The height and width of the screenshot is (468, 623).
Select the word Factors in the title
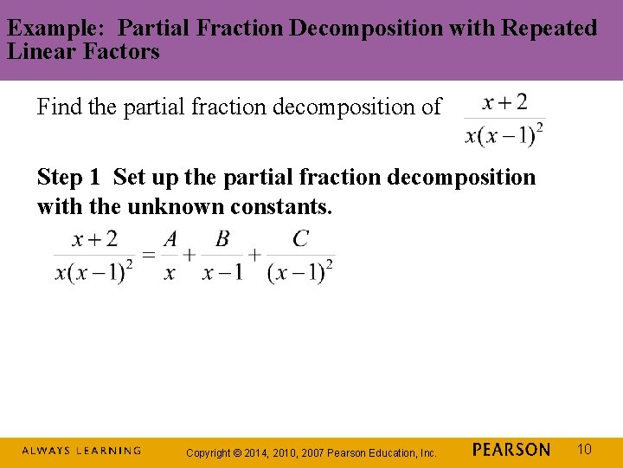click(123, 51)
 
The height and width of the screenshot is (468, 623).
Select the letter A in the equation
click(170, 240)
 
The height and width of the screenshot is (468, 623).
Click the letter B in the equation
click(222, 240)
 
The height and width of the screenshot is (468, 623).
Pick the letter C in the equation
click(300, 239)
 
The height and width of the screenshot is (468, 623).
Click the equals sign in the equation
click(149, 254)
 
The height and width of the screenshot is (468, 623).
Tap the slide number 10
click(584, 449)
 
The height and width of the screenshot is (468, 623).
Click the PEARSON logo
click(511, 450)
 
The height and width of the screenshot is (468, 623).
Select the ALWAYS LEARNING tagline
click(81, 451)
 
